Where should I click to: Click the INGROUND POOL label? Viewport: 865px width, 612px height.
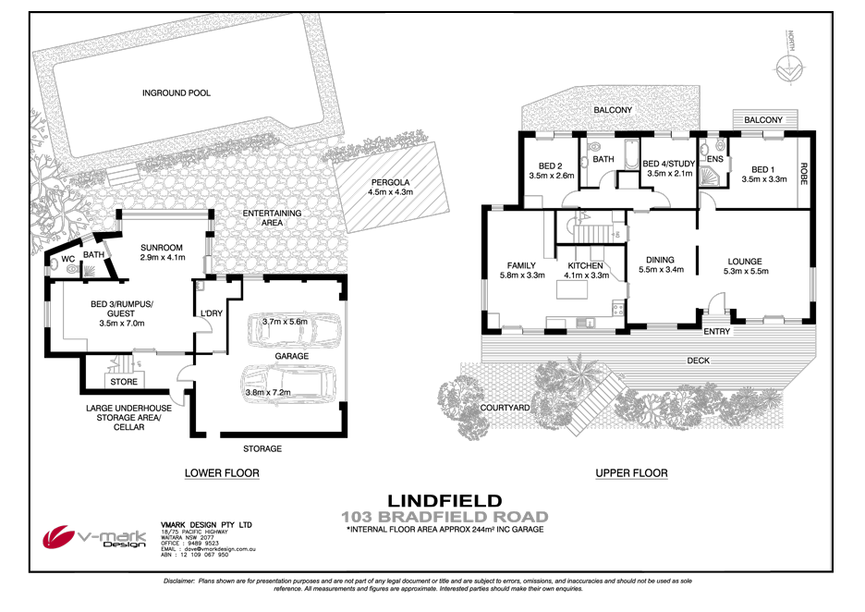tap(176, 92)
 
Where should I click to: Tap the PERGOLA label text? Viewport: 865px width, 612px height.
tap(390, 182)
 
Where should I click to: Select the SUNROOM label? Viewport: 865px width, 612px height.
tap(163, 248)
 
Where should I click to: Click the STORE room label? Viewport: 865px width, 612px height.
tap(124, 381)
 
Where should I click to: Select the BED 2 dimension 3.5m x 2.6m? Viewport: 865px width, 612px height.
tap(552, 174)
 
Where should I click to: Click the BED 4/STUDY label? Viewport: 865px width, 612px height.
tap(669, 164)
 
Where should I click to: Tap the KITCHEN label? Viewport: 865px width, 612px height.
tap(586, 265)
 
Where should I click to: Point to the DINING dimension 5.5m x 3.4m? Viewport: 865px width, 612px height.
tap(660, 271)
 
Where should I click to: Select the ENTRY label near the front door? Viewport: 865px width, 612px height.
tap(716, 331)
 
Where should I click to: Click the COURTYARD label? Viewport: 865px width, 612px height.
tap(505, 407)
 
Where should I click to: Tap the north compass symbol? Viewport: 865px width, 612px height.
tap(789, 67)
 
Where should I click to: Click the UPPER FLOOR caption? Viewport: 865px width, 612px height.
tap(631, 473)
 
